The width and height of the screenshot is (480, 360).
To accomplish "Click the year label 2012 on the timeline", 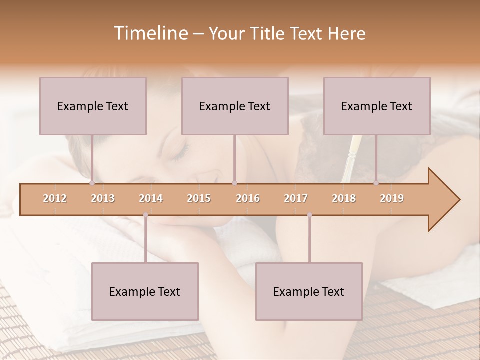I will [x=55, y=198].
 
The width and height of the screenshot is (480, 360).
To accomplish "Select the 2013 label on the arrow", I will [x=103, y=198].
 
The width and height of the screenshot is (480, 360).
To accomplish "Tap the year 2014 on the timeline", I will [x=151, y=198].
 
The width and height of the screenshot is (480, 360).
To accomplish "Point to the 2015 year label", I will [x=199, y=198].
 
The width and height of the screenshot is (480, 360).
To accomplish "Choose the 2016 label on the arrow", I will [x=248, y=198].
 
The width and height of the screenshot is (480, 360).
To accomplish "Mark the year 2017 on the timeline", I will [x=296, y=198].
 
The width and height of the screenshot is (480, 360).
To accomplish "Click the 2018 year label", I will [x=344, y=198].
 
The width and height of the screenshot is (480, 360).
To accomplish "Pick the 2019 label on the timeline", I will [x=392, y=198].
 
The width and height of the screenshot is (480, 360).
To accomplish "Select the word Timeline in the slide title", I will [x=150, y=33].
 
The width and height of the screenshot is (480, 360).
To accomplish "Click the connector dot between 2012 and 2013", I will [x=92, y=183].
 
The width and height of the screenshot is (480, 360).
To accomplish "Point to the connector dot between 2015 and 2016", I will [x=235, y=183].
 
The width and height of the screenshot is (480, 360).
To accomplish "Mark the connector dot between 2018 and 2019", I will [x=376, y=183].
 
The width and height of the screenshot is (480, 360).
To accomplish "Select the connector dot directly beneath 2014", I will [x=145, y=215].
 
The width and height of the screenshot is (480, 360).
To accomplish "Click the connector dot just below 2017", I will [x=309, y=215].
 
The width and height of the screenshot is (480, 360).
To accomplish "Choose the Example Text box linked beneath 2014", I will [x=145, y=291].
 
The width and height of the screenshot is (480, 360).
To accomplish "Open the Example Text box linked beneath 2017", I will [x=309, y=291].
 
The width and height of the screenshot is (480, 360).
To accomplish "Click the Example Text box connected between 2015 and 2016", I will [x=235, y=106].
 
